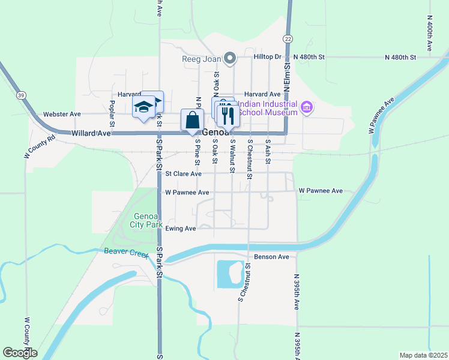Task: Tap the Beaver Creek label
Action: [125, 253]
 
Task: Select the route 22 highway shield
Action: [289, 38]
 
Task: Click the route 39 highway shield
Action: [21, 95]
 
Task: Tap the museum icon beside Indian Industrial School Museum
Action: [307, 108]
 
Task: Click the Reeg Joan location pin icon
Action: [229, 58]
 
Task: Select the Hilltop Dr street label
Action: [267, 56]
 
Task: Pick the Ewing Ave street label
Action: [181, 229]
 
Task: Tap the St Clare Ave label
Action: [184, 174]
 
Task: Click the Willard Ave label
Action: [91, 133]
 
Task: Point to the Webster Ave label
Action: [62, 114]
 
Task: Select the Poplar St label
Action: [112, 110]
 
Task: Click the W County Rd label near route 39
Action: [40, 146]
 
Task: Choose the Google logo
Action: [20, 353]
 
